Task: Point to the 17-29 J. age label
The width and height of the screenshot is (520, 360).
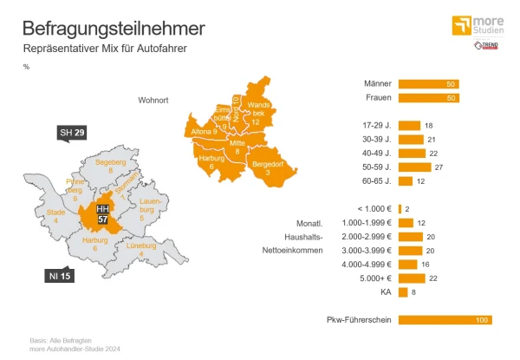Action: point(374,126)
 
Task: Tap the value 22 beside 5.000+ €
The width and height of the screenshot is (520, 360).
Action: point(432,278)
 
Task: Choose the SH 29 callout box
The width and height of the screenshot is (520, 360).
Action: point(72,133)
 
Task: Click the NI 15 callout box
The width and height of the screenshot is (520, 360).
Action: point(59,276)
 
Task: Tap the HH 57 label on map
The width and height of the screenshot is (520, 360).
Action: point(103,214)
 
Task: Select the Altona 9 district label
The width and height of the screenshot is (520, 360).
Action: point(204,131)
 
